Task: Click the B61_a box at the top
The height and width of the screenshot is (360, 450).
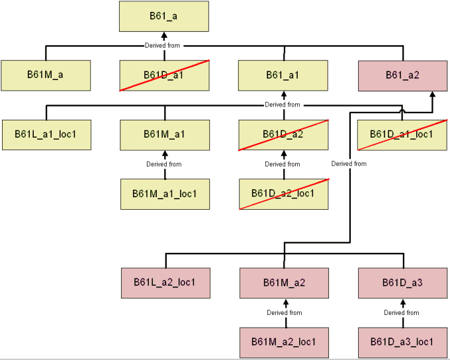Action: coord(164,17)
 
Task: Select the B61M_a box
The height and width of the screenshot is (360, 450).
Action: coord(46,75)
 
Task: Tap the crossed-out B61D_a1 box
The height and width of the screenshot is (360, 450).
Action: coord(164,75)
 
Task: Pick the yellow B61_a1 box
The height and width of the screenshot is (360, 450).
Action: coord(283,75)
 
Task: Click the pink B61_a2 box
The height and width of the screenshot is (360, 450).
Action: coord(402,75)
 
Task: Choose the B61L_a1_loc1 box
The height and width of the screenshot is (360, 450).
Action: coord(46,134)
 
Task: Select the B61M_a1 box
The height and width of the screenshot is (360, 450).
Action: coord(164,134)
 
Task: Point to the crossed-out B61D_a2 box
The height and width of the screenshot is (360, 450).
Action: coord(283,134)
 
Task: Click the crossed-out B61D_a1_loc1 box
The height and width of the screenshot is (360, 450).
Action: coord(402,134)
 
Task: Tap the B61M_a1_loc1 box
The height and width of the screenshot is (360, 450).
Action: coord(165,194)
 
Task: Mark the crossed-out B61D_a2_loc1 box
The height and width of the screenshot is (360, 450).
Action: coord(283,194)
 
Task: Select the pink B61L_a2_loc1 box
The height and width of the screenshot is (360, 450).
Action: coord(165,283)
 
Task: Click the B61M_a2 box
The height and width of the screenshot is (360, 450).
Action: coord(284,283)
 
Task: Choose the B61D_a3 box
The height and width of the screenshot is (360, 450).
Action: coord(402,283)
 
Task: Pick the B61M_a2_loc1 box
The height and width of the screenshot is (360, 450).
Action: coord(284,342)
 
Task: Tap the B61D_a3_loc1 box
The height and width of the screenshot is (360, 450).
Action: coord(402,342)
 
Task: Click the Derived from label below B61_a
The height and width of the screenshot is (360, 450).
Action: coord(163,46)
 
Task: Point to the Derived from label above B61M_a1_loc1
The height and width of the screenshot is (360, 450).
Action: coord(164,164)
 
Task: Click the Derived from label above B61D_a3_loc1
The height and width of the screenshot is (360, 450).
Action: coord(402,312)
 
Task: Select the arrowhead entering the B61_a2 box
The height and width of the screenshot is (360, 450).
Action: coord(433,95)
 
